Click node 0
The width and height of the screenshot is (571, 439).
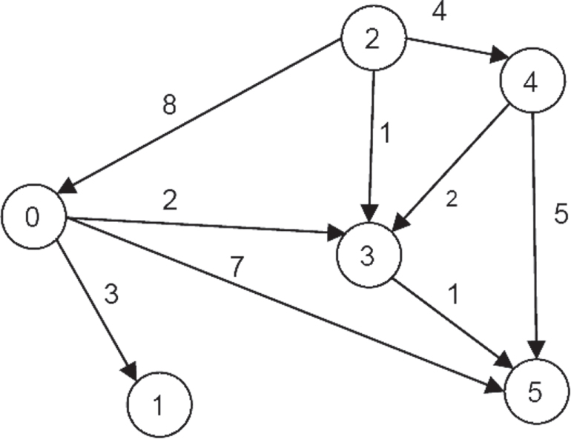(34, 217)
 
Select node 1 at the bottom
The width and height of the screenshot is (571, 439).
(159, 404)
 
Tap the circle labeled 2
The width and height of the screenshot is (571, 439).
(373, 38)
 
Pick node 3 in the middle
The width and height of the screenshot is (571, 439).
(369, 255)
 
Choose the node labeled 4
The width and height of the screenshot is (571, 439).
(532, 80)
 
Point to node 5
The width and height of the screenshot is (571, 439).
(537, 392)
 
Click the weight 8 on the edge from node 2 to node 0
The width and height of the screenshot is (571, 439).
(169, 104)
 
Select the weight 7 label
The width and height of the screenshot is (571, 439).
(237, 267)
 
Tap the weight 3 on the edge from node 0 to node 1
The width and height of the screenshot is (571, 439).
(111, 294)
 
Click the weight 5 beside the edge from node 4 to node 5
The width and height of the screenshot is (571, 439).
(561, 213)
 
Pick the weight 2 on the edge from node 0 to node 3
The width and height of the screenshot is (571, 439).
(170, 200)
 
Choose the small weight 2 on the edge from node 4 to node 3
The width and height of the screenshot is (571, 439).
(452, 200)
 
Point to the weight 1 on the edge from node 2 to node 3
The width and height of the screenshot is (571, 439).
(386, 133)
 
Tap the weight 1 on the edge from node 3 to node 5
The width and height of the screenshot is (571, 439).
(454, 293)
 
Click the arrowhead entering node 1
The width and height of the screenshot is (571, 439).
(130, 372)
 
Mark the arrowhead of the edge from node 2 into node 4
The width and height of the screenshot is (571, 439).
(499, 56)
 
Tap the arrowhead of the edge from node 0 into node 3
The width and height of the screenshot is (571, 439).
(337, 233)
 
